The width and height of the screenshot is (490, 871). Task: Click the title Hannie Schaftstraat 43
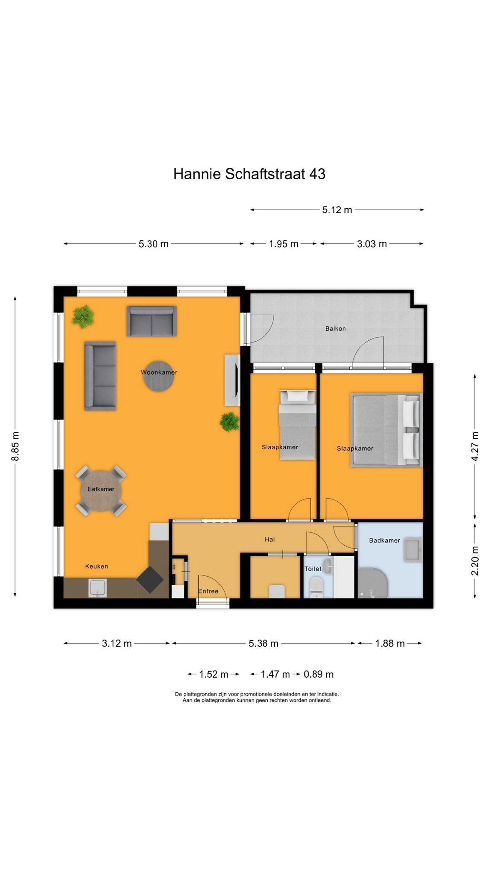click(x=249, y=174)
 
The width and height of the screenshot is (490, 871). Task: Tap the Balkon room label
click(x=335, y=328)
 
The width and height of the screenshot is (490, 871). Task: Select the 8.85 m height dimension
click(x=15, y=446)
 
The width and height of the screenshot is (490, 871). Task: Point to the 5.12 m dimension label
click(x=337, y=210)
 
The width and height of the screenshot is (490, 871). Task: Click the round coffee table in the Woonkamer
click(x=159, y=376)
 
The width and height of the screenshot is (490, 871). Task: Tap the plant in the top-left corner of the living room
click(x=83, y=316)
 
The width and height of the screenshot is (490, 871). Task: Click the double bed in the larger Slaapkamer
click(x=386, y=430)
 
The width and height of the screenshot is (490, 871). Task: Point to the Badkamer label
click(x=384, y=540)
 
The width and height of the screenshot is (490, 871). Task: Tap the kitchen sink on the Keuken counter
click(x=98, y=588)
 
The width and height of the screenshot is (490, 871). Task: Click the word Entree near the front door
click(x=208, y=591)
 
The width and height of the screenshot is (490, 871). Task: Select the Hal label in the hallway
click(x=269, y=539)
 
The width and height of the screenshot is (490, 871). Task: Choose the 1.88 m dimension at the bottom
click(x=390, y=643)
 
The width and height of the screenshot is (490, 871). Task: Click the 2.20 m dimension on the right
click(x=475, y=560)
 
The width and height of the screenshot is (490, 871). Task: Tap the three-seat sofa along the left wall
click(x=100, y=376)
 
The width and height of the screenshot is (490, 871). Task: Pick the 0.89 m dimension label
click(x=318, y=674)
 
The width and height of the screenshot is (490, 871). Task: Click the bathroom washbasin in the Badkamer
click(x=413, y=550)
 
